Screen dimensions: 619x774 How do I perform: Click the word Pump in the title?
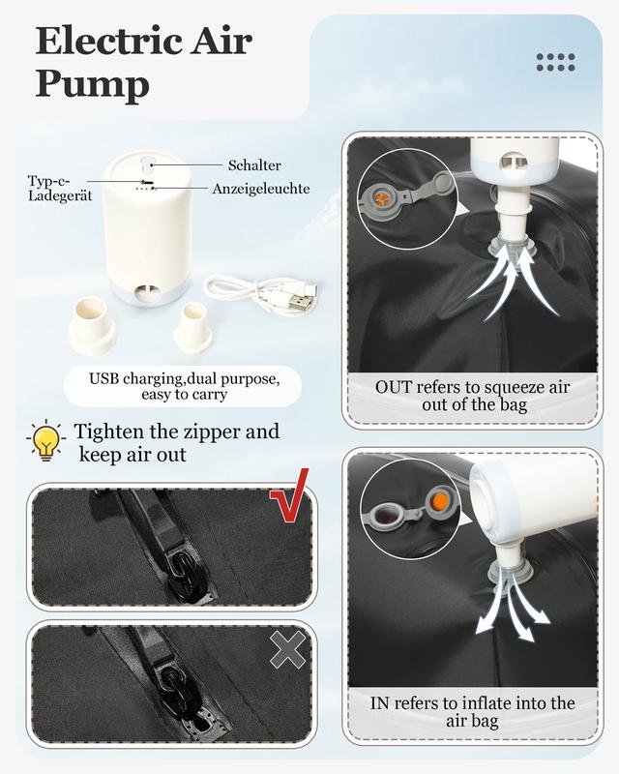92,85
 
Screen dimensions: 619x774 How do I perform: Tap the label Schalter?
254,165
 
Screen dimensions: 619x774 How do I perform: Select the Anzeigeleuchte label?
261,189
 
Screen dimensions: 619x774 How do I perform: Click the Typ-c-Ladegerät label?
60,188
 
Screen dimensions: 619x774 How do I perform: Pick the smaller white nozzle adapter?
193,326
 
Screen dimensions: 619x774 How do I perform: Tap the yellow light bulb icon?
45,441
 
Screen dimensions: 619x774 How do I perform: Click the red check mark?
290,496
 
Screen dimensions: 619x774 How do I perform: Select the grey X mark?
288,650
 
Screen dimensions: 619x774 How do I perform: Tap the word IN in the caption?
379,703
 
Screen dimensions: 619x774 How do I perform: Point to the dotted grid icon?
556,62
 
